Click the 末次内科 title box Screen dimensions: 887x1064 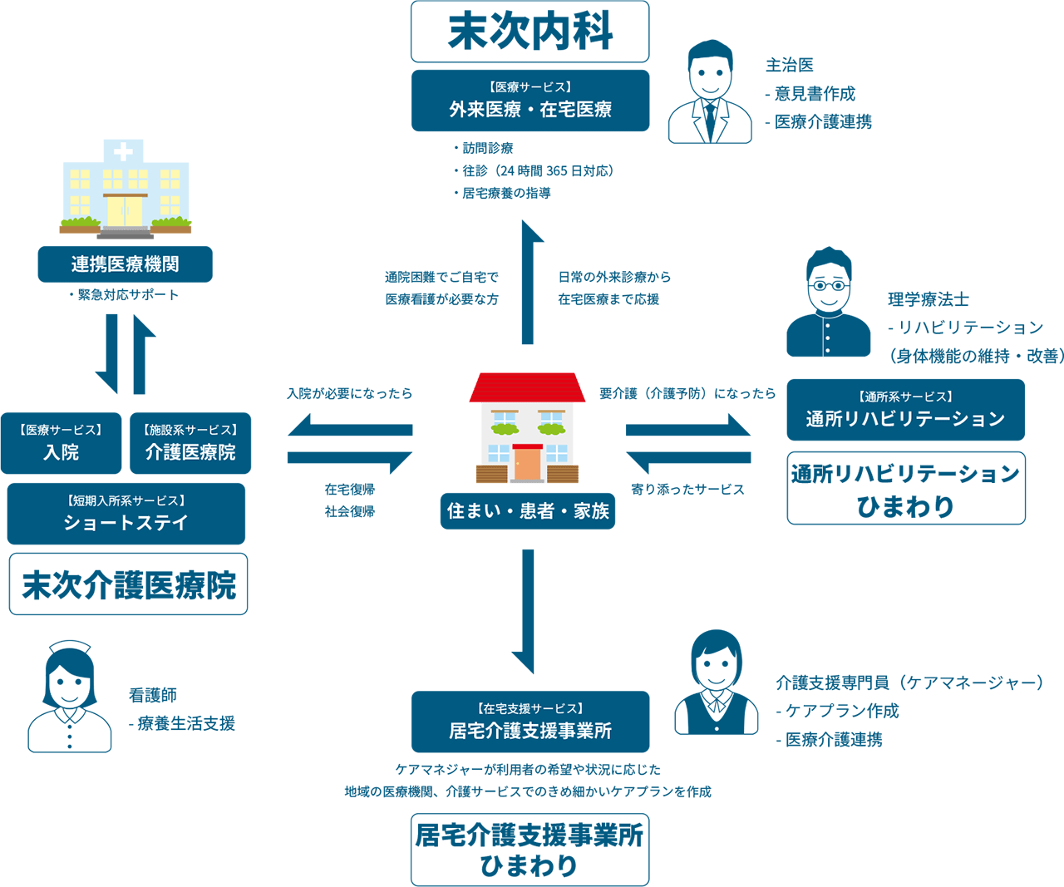click(530, 32)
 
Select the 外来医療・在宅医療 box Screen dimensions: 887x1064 click(530, 101)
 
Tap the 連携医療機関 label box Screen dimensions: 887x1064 click(125, 264)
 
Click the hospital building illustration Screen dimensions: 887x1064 click(125, 190)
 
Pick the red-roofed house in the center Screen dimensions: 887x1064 click(527, 428)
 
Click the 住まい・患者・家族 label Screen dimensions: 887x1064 click(528, 511)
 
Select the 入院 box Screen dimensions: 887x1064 click(61, 443)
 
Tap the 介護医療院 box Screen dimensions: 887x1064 click(190, 443)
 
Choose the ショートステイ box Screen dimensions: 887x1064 click(126, 514)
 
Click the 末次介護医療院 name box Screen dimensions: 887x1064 click(128, 584)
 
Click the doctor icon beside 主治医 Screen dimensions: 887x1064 click(710, 92)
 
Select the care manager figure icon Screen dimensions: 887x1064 click(716, 683)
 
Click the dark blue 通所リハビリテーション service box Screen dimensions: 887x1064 click(905, 410)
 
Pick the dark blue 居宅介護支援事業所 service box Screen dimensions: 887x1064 click(530, 722)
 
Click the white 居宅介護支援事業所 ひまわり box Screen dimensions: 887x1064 click(530, 850)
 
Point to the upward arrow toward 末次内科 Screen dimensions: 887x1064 click(528, 283)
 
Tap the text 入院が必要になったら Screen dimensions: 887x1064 click(349, 393)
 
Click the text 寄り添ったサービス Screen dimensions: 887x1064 click(687, 490)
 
